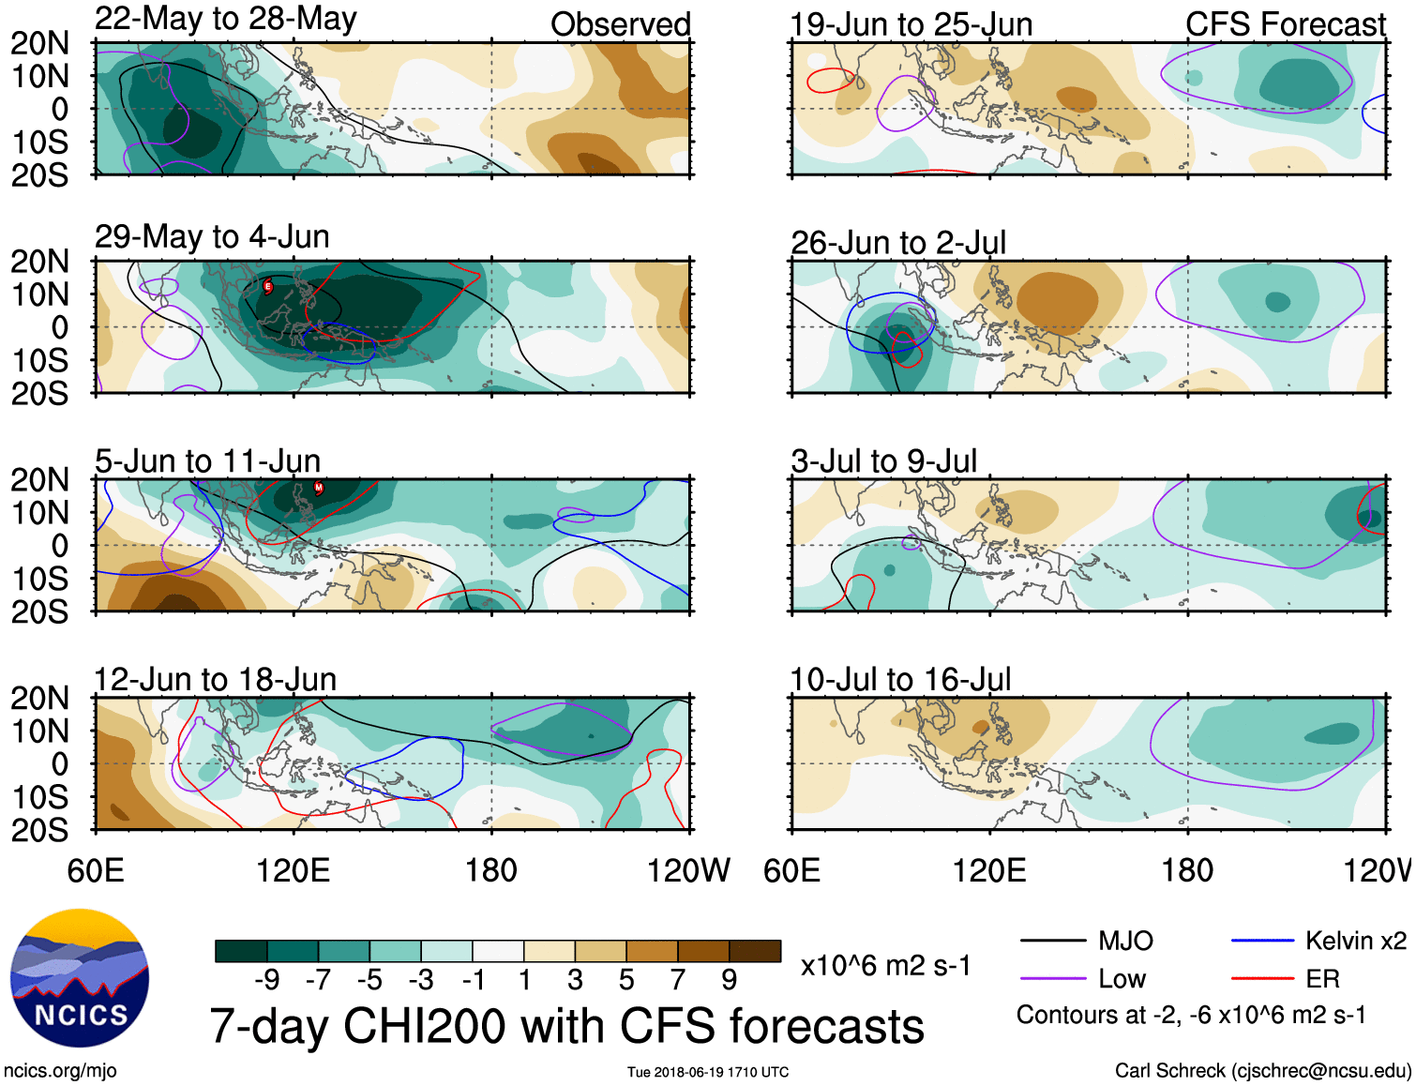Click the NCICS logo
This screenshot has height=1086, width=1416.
click(x=80, y=978)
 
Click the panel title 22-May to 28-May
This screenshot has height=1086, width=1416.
click(x=225, y=19)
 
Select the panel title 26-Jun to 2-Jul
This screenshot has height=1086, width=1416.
click(x=897, y=243)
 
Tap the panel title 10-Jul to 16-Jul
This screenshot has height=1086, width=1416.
click(x=900, y=680)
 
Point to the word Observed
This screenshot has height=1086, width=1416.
click(x=620, y=24)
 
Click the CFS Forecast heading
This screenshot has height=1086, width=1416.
click(x=1285, y=24)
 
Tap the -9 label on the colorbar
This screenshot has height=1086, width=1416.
click(x=266, y=980)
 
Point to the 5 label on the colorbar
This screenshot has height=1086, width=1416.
click(x=625, y=980)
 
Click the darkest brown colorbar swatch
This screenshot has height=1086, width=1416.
click(x=755, y=951)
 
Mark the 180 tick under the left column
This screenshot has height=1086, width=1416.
click(x=491, y=870)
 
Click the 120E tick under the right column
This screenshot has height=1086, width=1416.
click(x=989, y=870)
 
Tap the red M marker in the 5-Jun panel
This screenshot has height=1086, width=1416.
click(x=319, y=488)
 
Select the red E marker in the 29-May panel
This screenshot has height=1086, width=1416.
click(x=268, y=286)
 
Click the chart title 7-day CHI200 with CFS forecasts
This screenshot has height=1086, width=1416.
click(x=566, y=1026)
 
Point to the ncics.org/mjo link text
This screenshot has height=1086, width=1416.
click(x=60, y=1071)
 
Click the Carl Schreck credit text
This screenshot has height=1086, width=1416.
click(x=1262, y=1071)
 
